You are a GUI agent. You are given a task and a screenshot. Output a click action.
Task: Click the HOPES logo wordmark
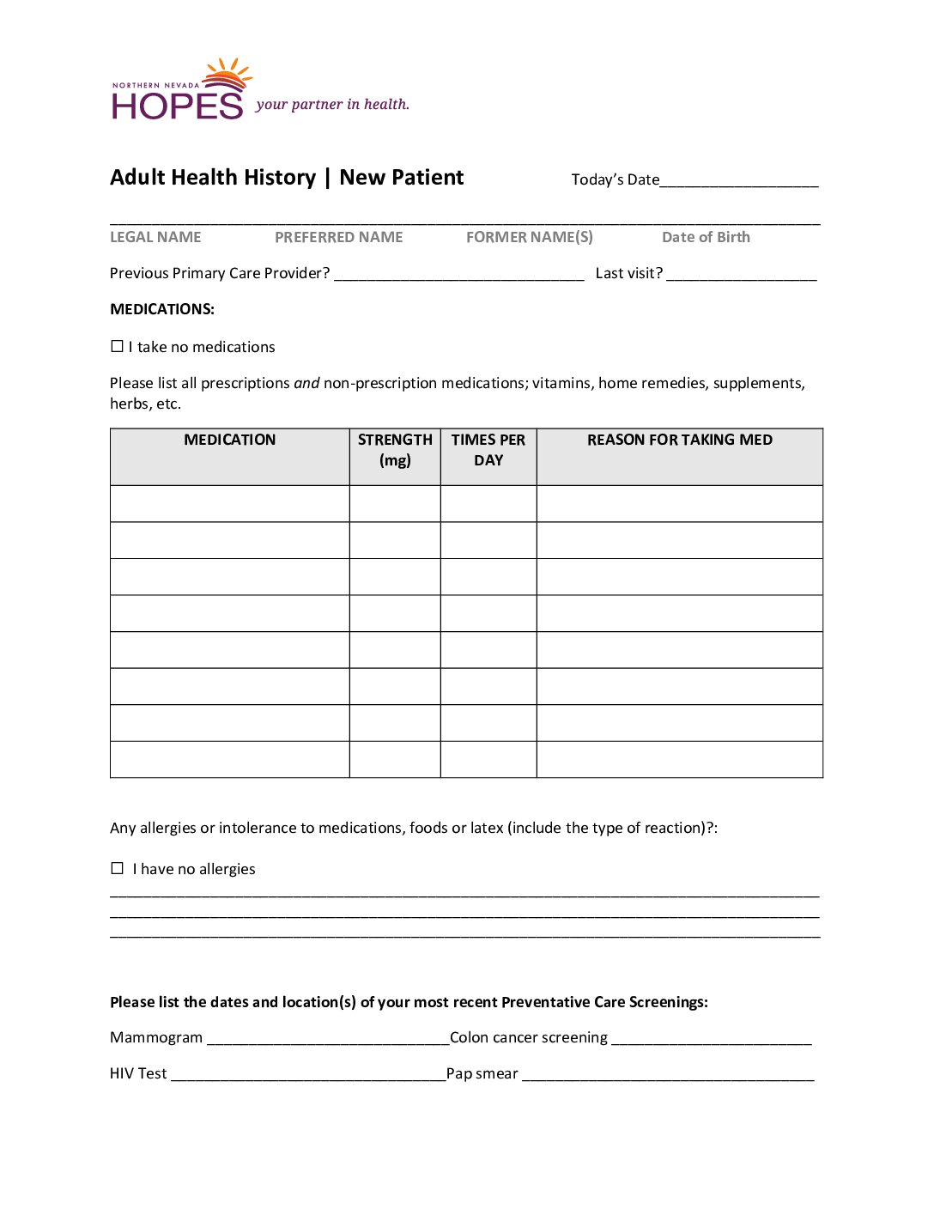click(x=177, y=105)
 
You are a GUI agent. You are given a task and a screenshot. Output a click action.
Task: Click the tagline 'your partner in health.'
click(x=332, y=105)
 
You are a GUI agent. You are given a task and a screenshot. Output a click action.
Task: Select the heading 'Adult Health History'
click(x=213, y=178)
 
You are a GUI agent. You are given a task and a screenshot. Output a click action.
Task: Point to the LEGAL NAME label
click(x=155, y=237)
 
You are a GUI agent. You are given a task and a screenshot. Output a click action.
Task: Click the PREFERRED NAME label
click(x=338, y=237)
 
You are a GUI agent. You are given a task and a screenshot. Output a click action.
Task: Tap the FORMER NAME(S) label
click(x=529, y=237)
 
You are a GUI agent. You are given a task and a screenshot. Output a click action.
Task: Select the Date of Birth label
click(x=706, y=237)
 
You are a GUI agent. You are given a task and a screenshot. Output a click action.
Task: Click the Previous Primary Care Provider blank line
click(x=458, y=275)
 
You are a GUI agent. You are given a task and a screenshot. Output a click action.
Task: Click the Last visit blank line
click(x=741, y=275)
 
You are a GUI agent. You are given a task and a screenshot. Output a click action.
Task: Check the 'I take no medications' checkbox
click(x=118, y=346)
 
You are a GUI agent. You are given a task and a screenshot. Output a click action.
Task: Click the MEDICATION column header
click(x=229, y=440)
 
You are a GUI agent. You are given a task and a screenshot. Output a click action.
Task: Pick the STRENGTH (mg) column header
click(x=395, y=449)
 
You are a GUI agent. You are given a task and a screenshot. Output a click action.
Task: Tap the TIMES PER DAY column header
click(x=488, y=449)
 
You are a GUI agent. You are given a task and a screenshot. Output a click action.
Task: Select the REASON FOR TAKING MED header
click(x=679, y=440)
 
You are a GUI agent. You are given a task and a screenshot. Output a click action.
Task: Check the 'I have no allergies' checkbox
click(x=118, y=868)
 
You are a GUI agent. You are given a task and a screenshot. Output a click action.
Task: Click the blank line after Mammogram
click(x=328, y=1040)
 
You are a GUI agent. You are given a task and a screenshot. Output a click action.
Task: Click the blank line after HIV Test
click(x=308, y=1076)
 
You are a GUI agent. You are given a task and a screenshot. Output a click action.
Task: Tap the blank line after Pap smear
click(x=668, y=1076)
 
